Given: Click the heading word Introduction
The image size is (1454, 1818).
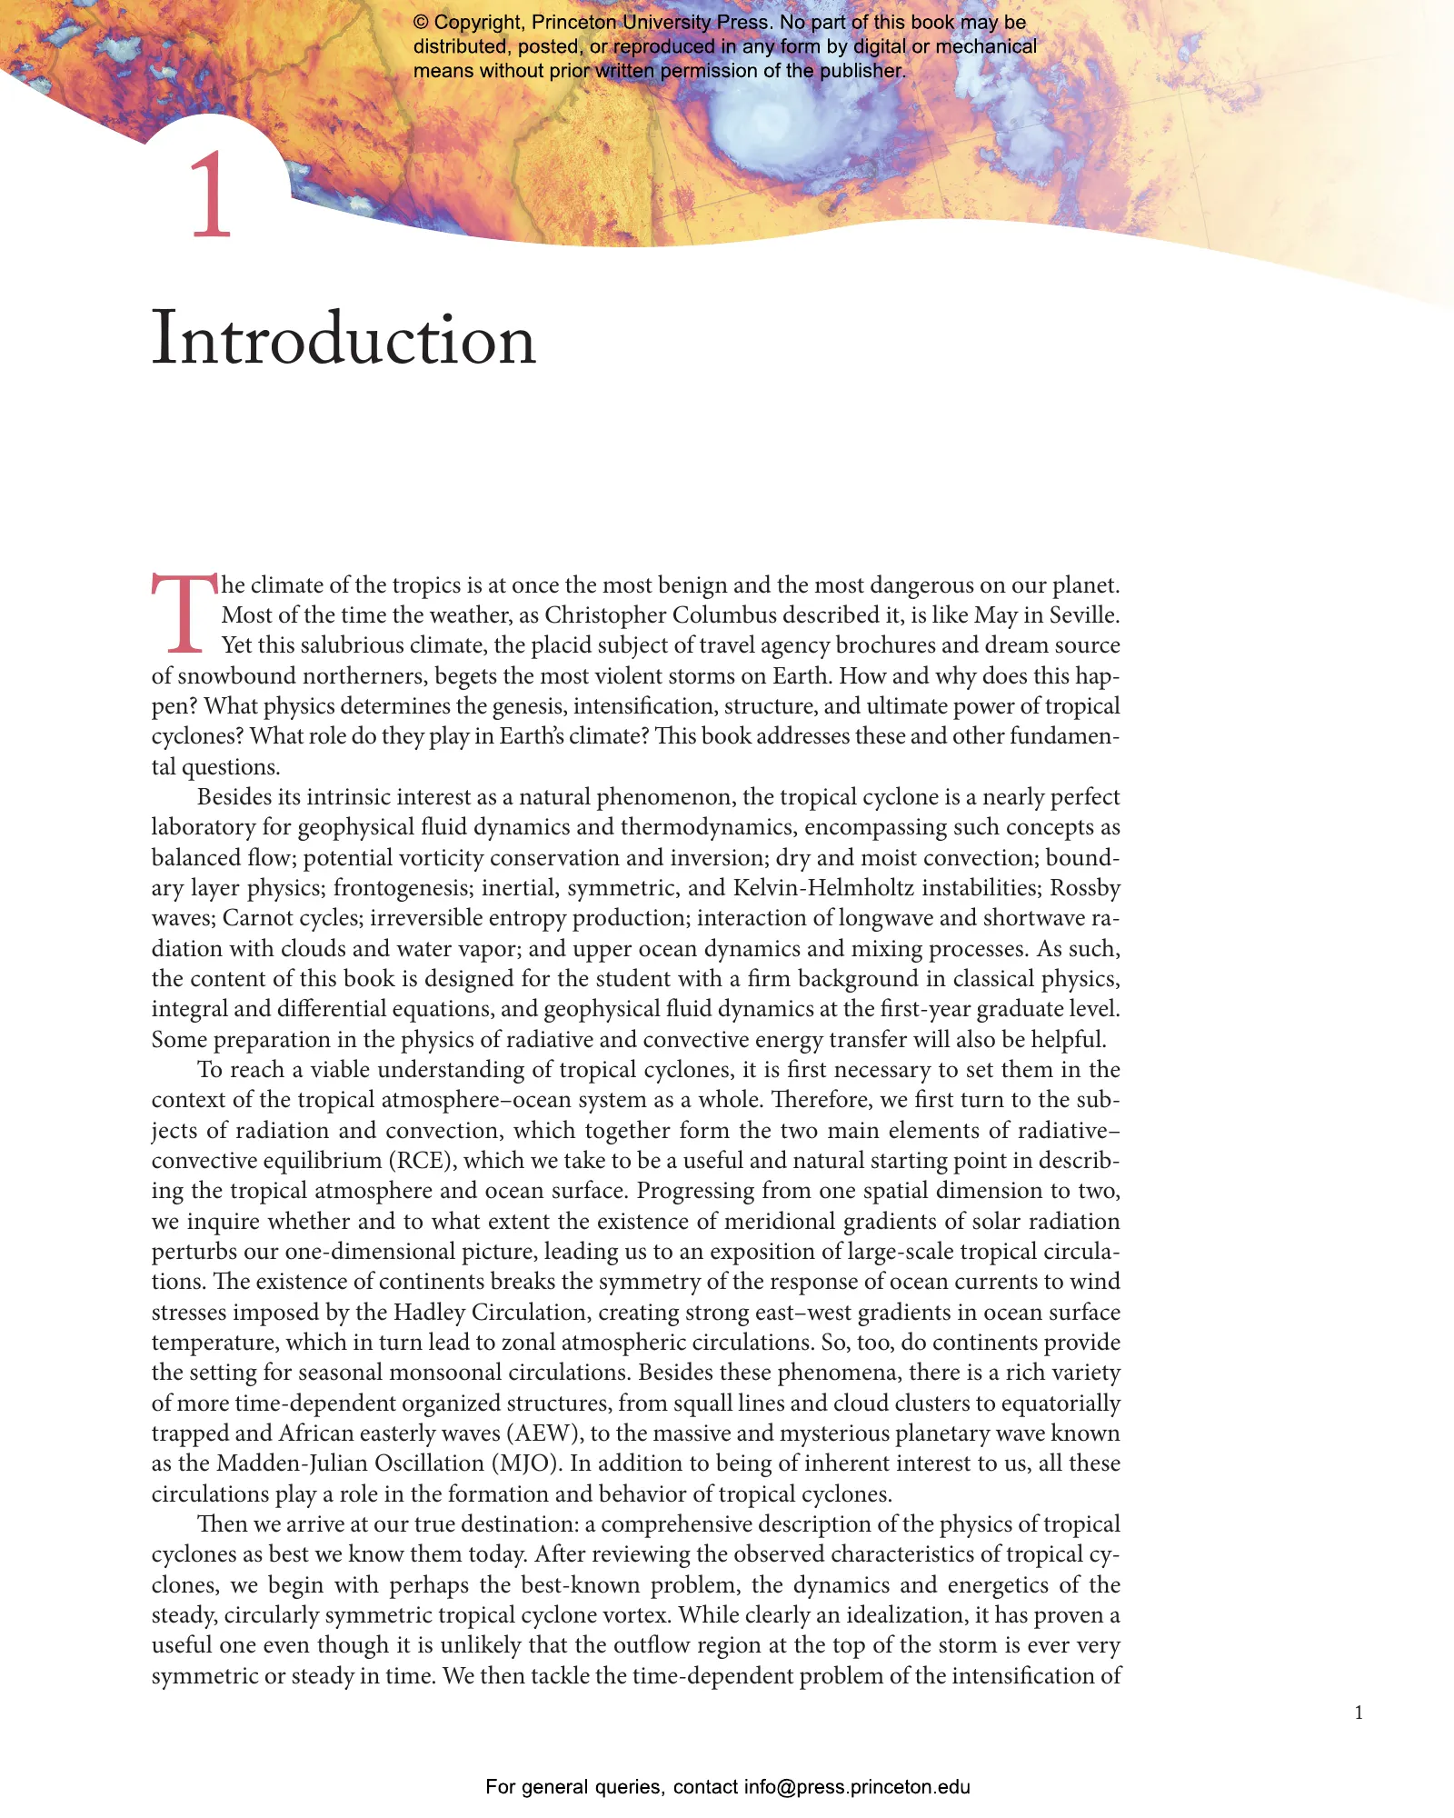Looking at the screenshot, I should (x=344, y=339).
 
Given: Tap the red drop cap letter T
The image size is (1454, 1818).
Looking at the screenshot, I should (x=184, y=613).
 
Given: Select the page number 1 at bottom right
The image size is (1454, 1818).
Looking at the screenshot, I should (x=1359, y=1713).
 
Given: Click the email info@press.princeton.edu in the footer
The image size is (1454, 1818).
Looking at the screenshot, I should (x=857, y=1786).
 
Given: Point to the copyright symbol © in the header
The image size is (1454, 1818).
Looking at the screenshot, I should (x=421, y=23).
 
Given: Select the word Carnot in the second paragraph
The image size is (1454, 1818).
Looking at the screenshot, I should (x=258, y=918).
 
